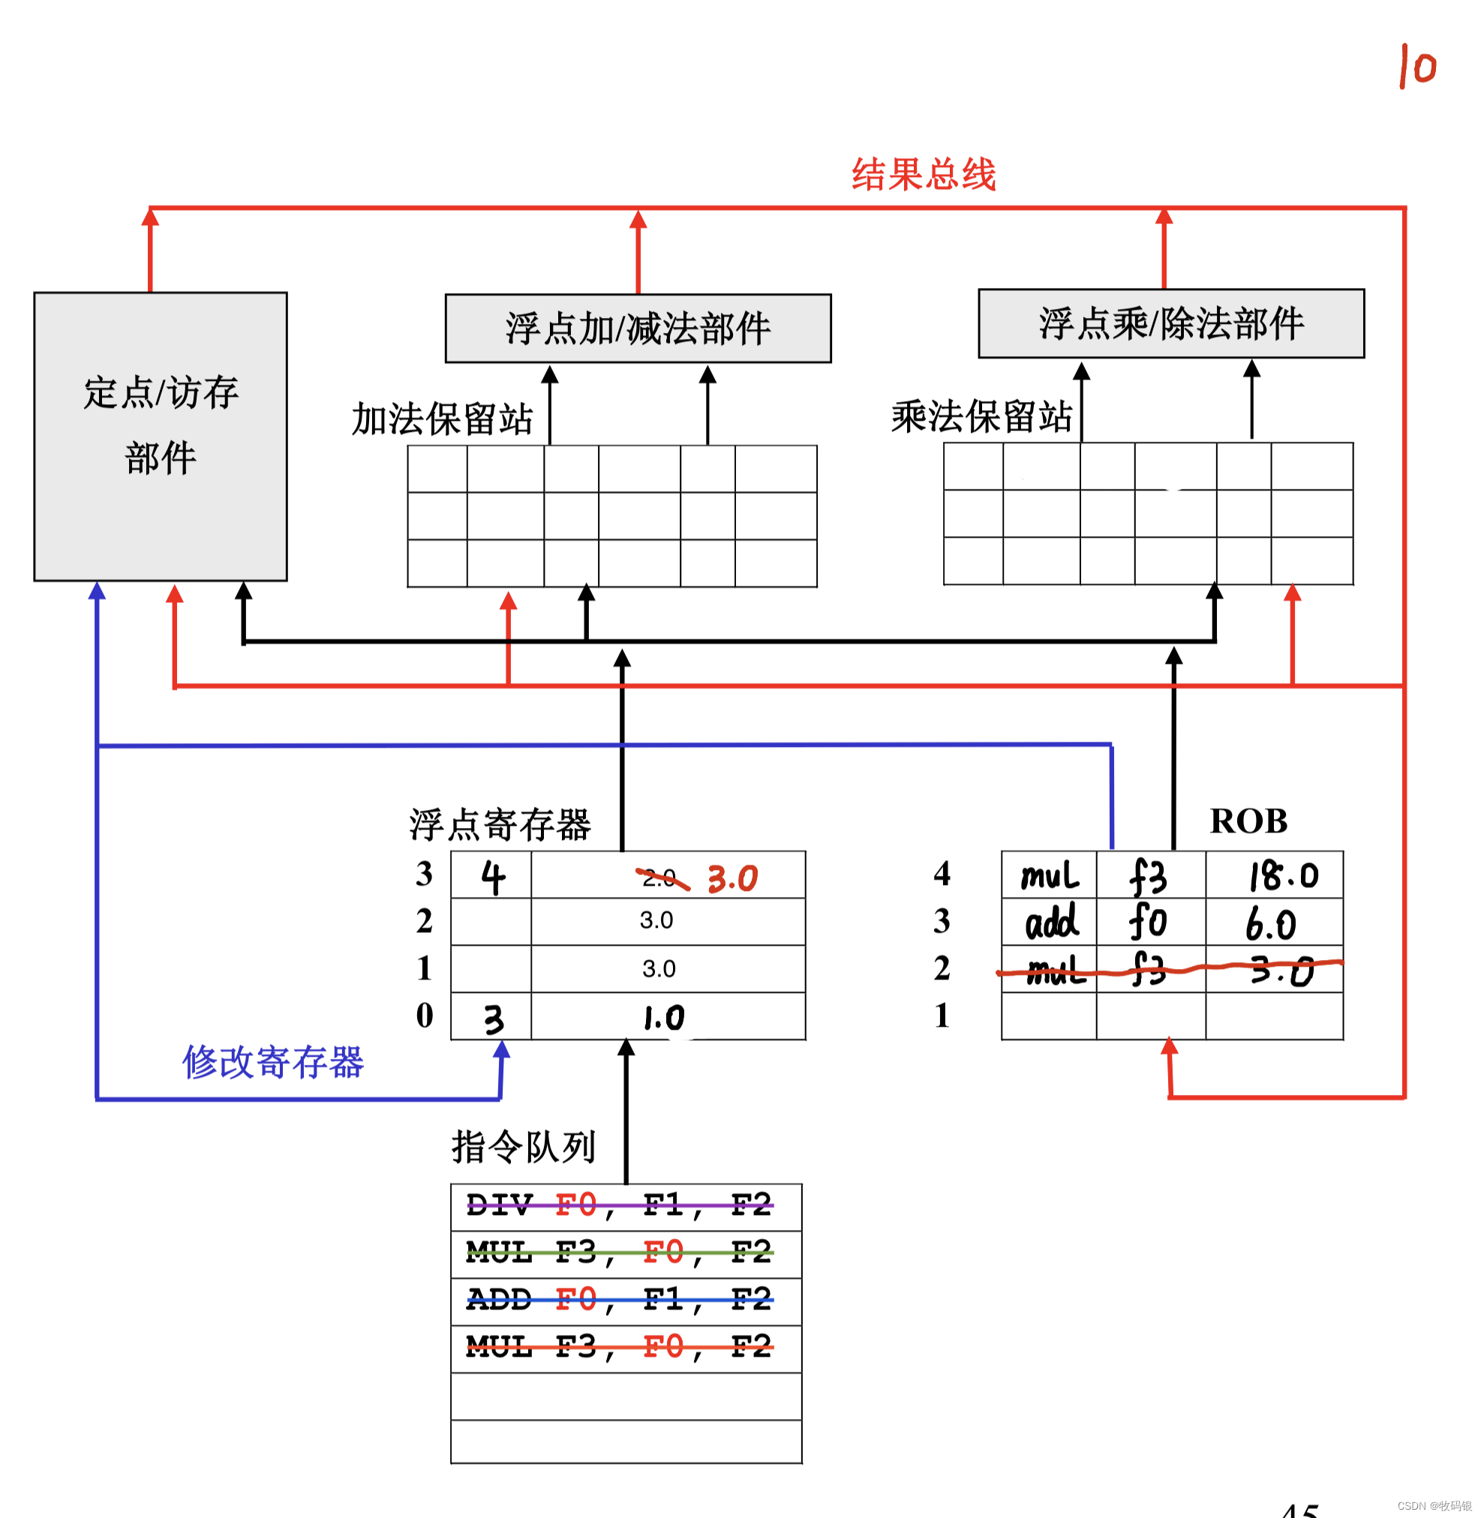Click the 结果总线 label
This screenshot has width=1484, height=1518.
[x=923, y=175]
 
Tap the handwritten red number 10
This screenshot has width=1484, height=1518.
[x=1417, y=67]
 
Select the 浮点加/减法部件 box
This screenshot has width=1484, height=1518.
[x=638, y=328]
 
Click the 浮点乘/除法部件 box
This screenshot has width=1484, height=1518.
[x=1170, y=323]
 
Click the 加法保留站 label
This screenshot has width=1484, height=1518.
[x=442, y=419]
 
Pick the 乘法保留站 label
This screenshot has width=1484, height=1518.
[x=982, y=417]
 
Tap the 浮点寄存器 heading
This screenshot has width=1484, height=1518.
[x=500, y=824]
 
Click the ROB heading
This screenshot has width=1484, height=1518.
[x=1248, y=821]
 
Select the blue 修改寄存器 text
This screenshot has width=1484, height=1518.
[x=273, y=1062]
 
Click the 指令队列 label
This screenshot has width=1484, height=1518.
[x=523, y=1147]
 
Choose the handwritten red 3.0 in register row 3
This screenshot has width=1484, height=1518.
[x=733, y=879]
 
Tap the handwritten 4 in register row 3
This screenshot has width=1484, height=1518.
[x=493, y=877]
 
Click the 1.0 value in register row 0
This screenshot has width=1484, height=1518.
[x=663, y=1018]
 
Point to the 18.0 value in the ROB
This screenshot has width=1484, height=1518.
[x=1284, y=876]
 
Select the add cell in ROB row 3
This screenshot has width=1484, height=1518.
[x=1050, y=923]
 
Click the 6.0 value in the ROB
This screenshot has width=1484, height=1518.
[x=1270, y=925]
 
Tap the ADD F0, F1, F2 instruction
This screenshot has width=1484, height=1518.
[x=619, y=1300]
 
